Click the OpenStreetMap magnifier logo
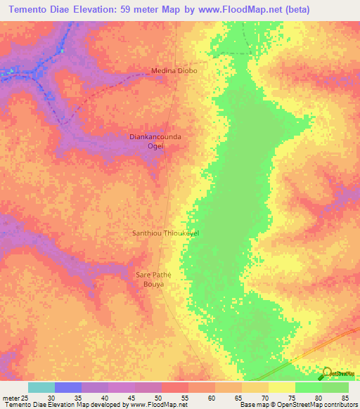326,374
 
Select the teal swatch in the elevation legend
41,387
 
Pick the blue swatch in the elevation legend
68,387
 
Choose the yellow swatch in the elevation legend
281,387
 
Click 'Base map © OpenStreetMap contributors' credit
296,405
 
